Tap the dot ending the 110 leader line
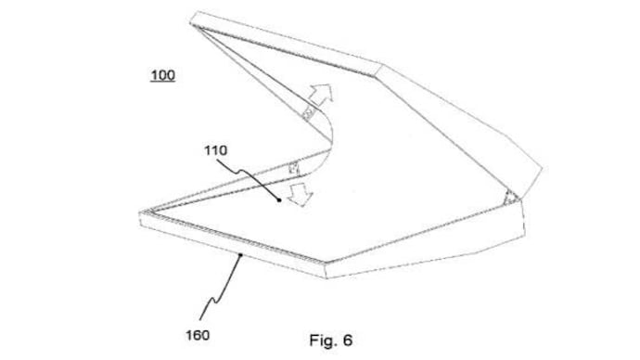(x=279, y=199)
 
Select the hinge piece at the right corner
(x=508, y=197)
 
